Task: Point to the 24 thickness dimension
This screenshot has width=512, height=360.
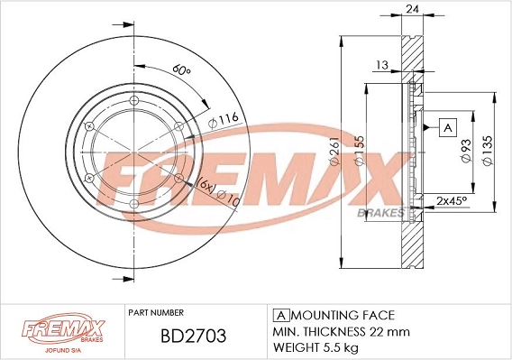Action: [414, 10]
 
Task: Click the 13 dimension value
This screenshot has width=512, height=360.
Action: [382, 64]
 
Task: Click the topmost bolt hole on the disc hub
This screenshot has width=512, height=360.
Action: [133, 100]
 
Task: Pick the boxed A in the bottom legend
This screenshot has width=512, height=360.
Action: [279, 315]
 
